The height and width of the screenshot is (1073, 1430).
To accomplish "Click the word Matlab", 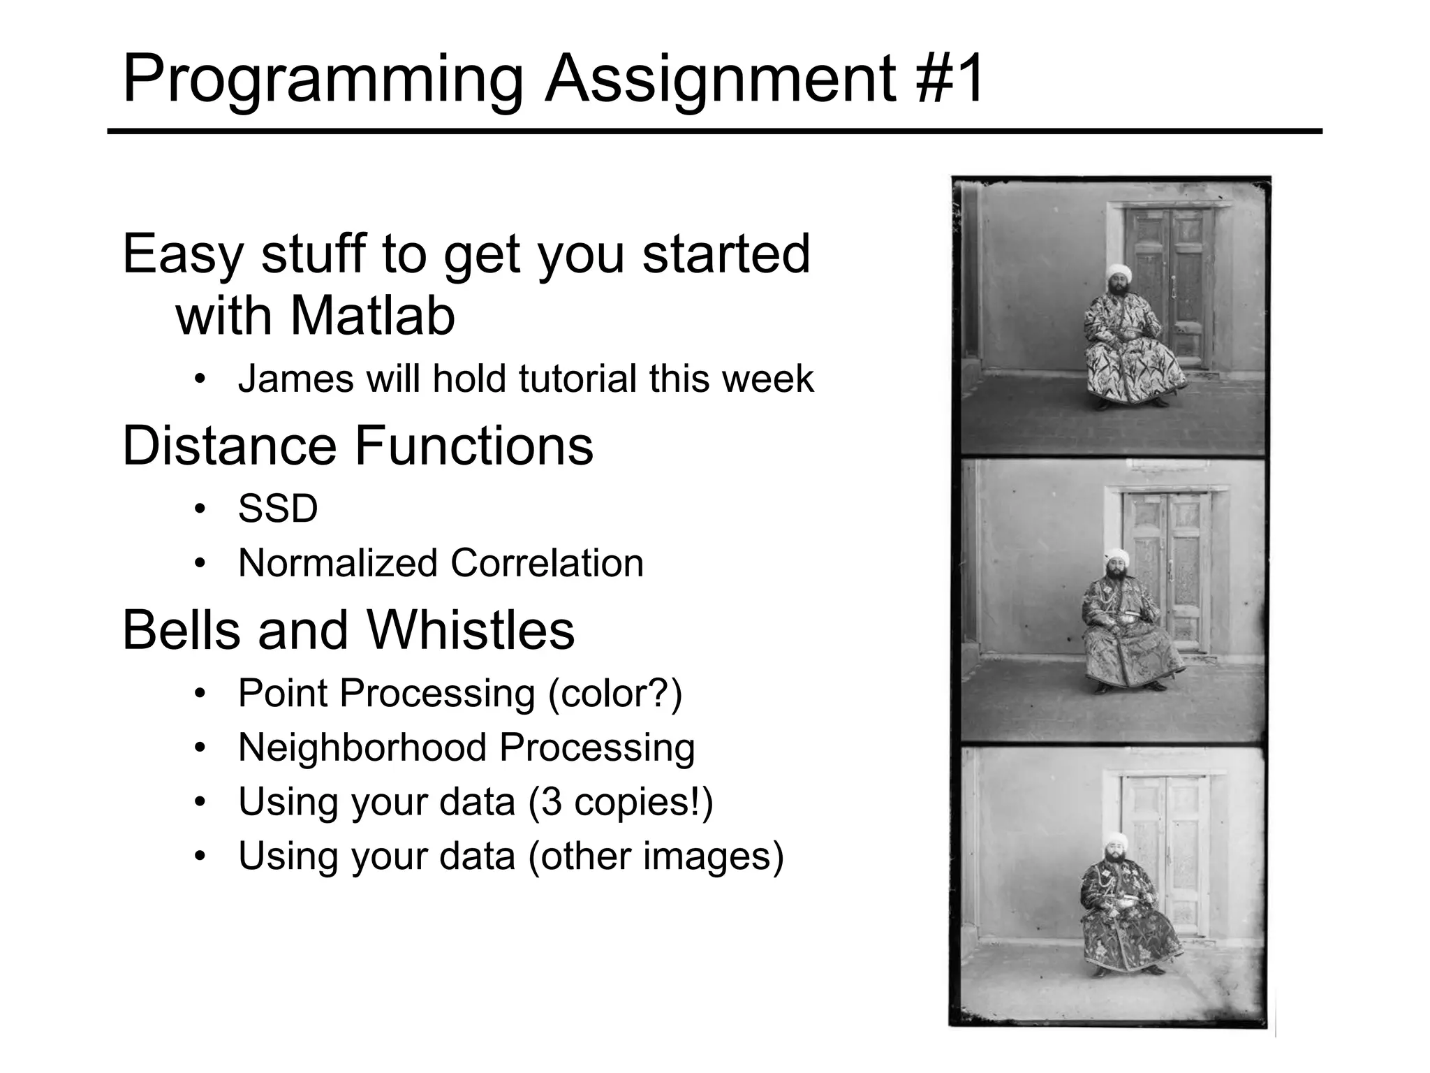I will click(372, 316).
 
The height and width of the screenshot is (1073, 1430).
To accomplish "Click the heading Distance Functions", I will click(357, 446).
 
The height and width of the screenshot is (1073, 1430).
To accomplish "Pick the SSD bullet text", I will click(278, 509).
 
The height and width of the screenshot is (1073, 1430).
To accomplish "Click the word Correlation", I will click(547, 563).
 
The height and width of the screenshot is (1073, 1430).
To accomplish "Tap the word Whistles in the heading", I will click(470, 630).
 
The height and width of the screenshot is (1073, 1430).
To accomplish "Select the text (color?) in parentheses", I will click(615, 694).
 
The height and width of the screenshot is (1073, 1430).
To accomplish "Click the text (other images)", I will click(656, 856).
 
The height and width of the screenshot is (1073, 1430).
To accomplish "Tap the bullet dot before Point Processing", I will click(200, 694).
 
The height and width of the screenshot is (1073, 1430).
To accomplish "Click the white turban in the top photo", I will click(1119, 271).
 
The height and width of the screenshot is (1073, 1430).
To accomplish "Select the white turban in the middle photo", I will click(1116, 557).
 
